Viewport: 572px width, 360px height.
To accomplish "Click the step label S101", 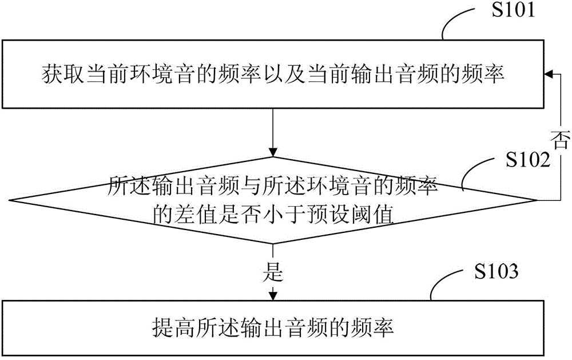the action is (513, 10).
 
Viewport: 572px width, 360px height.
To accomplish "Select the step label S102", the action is (528, 160).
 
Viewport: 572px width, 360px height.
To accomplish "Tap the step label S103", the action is (496, 271).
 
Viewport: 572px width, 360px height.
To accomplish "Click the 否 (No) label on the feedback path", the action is (561, 140).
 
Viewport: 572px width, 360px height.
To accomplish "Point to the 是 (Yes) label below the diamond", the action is (272, 272).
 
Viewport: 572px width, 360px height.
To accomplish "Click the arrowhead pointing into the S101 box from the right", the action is (549, 74).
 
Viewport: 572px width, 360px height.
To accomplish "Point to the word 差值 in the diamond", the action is (197, 215).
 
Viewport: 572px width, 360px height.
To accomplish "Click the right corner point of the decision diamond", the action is (537, 200).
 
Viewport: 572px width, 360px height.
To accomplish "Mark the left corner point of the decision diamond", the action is (10, 200).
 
